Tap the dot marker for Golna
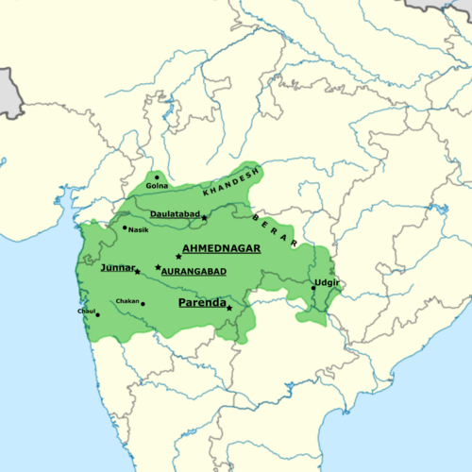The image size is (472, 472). click(157, 177)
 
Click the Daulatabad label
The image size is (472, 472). click(175, 215)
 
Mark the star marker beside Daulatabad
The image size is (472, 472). click(204, 218)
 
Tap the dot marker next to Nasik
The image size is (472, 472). click(125, 228)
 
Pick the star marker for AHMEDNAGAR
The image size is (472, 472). click(177, 257)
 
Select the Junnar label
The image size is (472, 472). click(117, 268)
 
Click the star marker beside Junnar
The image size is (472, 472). click(138, 272)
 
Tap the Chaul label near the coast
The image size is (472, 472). click(88, 311)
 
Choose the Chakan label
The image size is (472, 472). click(126, 302)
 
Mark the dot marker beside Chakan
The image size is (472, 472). click(143, 303)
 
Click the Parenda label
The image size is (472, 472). click(202, 303)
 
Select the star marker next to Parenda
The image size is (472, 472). click(229, 309)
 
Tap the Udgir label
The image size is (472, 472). click(327, 283)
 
